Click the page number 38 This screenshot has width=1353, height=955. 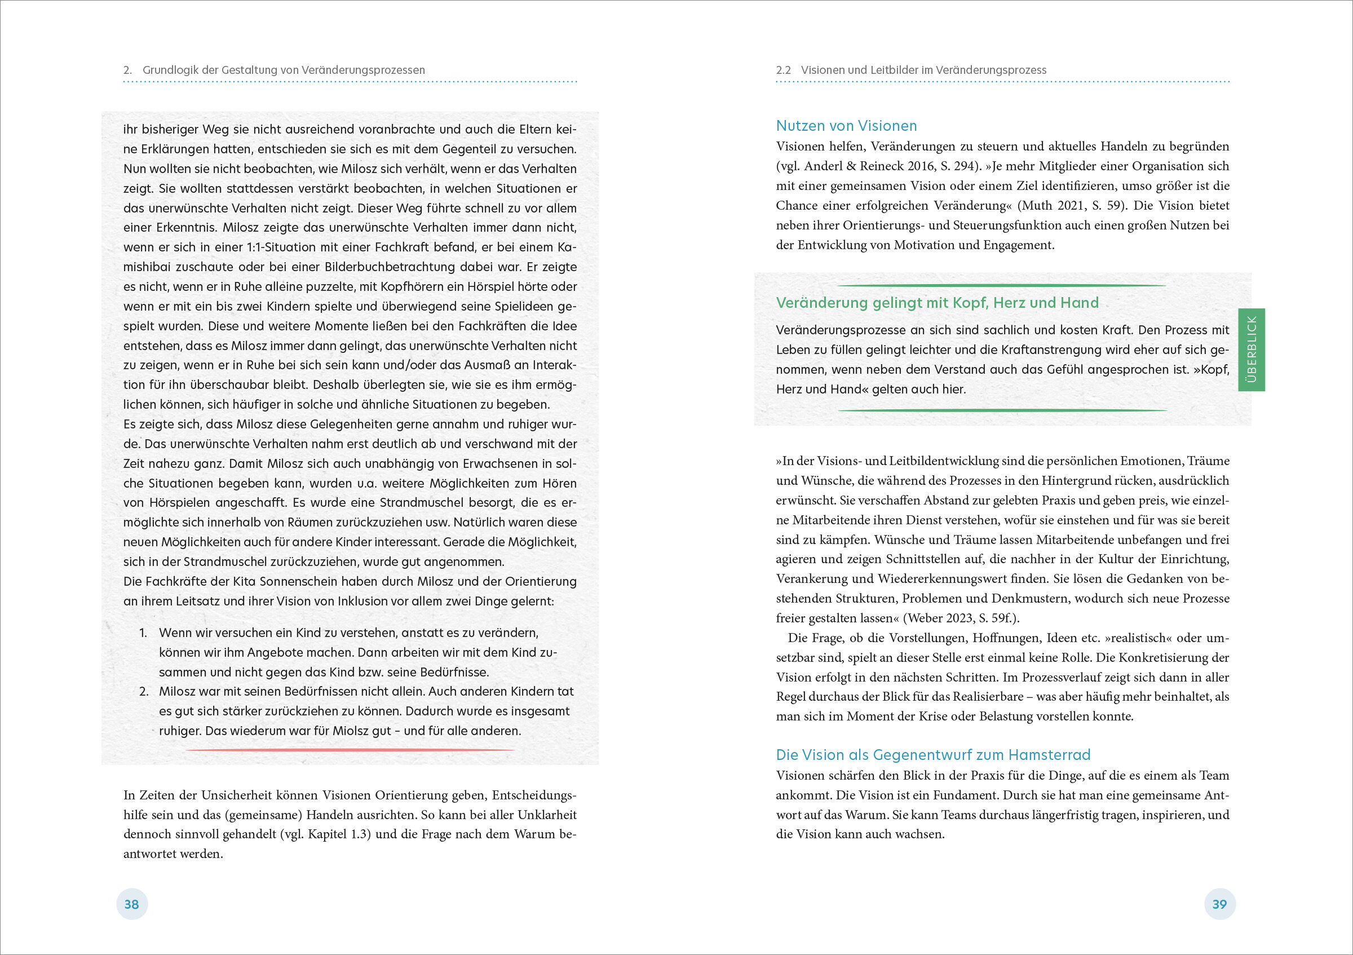(131, 904)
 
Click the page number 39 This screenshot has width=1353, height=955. (1219, 904)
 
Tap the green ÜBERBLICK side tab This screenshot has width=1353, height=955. (1252, 350)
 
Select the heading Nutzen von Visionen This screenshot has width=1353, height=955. (846, 126)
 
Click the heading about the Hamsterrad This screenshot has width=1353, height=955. (933, 755)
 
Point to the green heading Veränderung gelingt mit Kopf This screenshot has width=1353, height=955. (937, 303)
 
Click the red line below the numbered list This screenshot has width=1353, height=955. (350, 750)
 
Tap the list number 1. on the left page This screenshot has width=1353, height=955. (143, 633)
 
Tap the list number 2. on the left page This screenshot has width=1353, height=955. (143, 692)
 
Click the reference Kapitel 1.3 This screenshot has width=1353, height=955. (339, 834)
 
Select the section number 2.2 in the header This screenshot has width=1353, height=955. (783, 70)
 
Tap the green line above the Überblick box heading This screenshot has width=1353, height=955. (1002, 286)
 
